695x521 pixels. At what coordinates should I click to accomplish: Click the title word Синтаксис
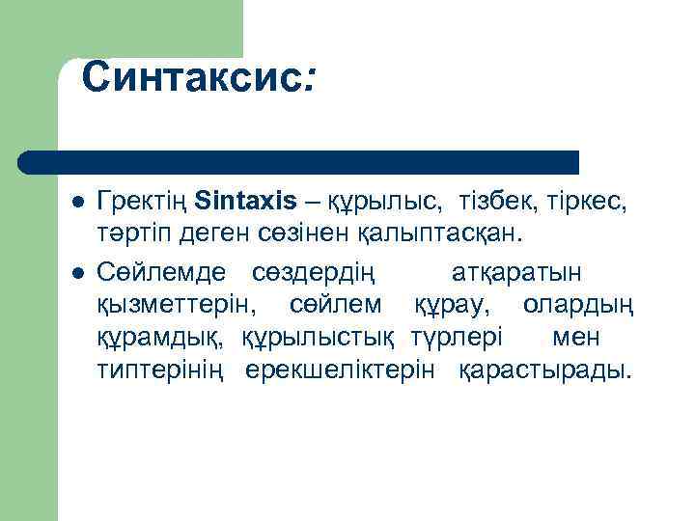pyautogui.click(x=193, y=77)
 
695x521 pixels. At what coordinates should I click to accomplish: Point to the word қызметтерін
pyautogui.click(x=177, y=305)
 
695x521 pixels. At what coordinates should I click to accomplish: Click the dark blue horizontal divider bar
pyautogui.click(x=299, y=161)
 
